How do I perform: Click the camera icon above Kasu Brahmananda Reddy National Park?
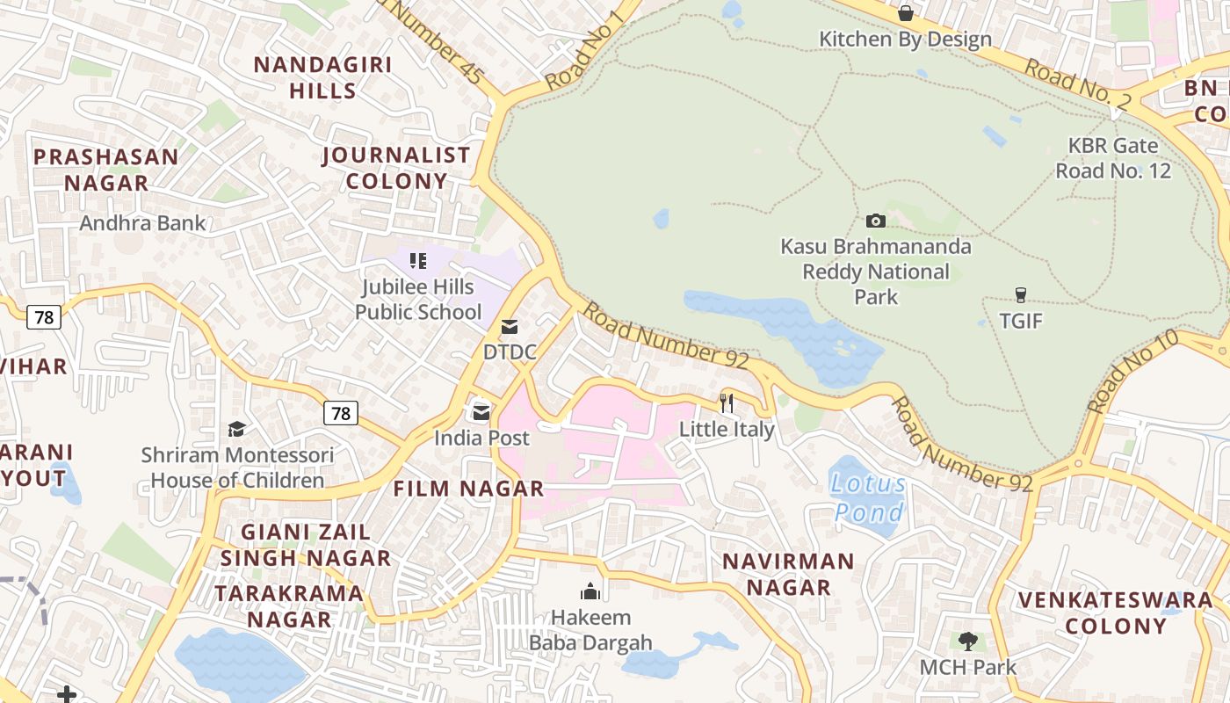pos(875,221)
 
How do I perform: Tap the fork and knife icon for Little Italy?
pos(727,403)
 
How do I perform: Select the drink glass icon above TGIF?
pos(1020,294)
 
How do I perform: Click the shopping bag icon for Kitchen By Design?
pos(905,13)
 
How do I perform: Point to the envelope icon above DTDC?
pos(509,327)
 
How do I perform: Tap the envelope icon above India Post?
pos(481,412)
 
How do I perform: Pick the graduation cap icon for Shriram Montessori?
pos(237,429)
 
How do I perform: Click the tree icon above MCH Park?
pos(967,641)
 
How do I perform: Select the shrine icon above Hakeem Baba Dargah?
pos(590,591)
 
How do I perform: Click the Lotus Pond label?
pos(868,497)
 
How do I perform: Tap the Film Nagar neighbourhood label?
pos(468,489)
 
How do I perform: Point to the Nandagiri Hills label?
pos(322,77)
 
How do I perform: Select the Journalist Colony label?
pos(396,168)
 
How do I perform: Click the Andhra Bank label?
pos(142,223)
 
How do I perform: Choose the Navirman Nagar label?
pos(788,574)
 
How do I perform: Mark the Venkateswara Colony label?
pos(1116,612)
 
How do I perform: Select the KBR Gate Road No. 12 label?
pos(1113,157)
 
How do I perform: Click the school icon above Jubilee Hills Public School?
pos(418,260)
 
